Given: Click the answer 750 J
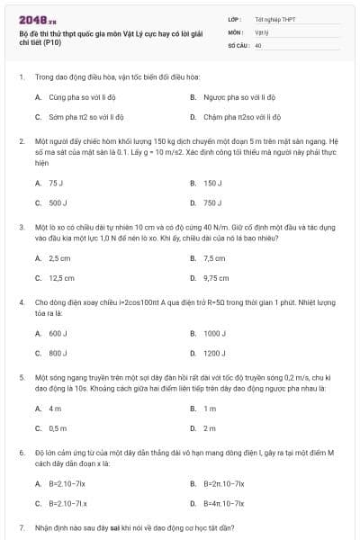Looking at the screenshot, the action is pyautogui.click(x=212, y=203).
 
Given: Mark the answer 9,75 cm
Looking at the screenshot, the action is pyautogui.click(x=216, y=279).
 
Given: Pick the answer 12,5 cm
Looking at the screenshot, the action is pyautogui.click(x=61, y=279).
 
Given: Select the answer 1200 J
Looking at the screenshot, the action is pyautogui.click(x=214, y=354).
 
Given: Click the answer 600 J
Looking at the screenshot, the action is pyautogui.click(x=58, y=334).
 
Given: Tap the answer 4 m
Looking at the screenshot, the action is pyautogui.click(x=54, y=409).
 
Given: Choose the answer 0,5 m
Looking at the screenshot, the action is pyautogui.click(x=58, y=428).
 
